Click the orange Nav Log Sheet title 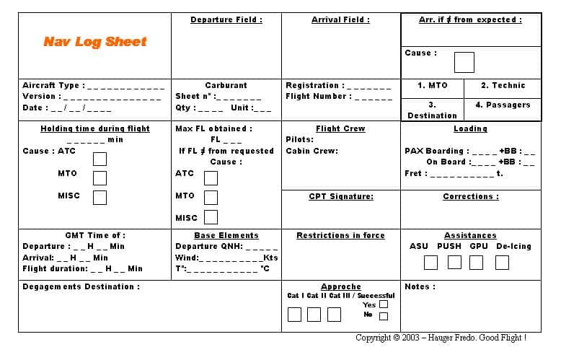click(94, 42)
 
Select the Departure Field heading click(226, 19)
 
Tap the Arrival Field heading click(340, 19)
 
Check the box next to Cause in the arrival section click(464, 62)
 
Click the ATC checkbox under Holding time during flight click(100, 159)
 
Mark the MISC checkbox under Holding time click(100, 197)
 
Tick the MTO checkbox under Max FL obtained click(211, 198)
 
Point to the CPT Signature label click(341, 196)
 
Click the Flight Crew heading click(340, 128)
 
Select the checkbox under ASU click(430, 263)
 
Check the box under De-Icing click(502, 263)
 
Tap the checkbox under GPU click(477, 263)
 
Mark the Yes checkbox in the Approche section click(384, 304)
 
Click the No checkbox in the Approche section click(384, 316)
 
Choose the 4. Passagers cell click(503, 105)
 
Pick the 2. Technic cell click(503, 85)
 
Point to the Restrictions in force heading click(340, 235)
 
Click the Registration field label click(314, 85)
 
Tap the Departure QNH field click(226, 246)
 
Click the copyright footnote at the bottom click(441, 338)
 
